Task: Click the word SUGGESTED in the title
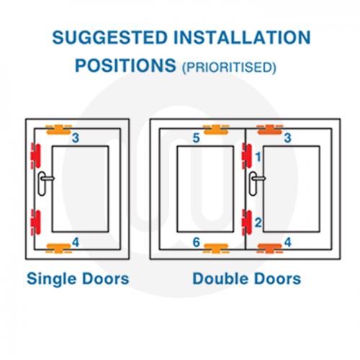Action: (x=109, y=37)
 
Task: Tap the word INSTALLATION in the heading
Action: (x=243, y=37)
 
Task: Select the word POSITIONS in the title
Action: (x=125, y=66)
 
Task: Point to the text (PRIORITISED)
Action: (x=229, y=67)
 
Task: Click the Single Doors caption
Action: (x=78, y=279)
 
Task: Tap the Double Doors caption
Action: (x=247, y=279)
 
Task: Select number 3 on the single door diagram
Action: (x=76, y=138)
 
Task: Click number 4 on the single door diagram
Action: (x=76, y=243)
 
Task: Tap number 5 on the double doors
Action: (x=197, y=138)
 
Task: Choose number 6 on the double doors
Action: (x=197, y=243)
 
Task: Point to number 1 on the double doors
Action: (x=258, y=157)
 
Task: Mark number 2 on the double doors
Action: (x=258, y=222)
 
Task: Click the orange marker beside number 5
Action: (x=215, y=130)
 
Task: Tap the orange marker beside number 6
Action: (x=215, y=248)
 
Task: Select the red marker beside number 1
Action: (x=247, y=156)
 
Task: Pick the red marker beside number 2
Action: (x=247, y=222)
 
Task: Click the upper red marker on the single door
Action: (x=36, y=156)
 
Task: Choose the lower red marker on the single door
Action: (x=36, y=222)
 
